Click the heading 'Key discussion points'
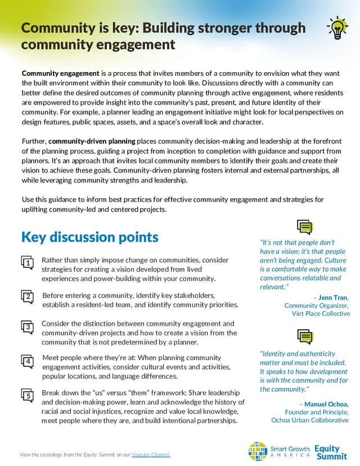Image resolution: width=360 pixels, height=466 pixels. point(89,237)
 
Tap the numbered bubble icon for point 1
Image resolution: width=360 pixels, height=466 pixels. point(26,263)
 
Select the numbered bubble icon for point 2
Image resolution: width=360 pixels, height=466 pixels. point(26,297)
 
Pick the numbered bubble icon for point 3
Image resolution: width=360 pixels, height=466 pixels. point(26,327)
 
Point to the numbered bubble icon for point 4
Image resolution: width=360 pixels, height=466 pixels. point(26,361)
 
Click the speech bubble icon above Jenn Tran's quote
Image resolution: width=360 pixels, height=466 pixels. point(304,227)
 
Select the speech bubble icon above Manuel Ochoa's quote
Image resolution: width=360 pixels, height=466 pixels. point(304,337)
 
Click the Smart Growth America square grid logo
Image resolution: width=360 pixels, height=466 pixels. point(258,450)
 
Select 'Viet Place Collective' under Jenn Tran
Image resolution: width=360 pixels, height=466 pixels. point(321,313)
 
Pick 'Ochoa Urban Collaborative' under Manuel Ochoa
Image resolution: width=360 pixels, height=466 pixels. point(310,420)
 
